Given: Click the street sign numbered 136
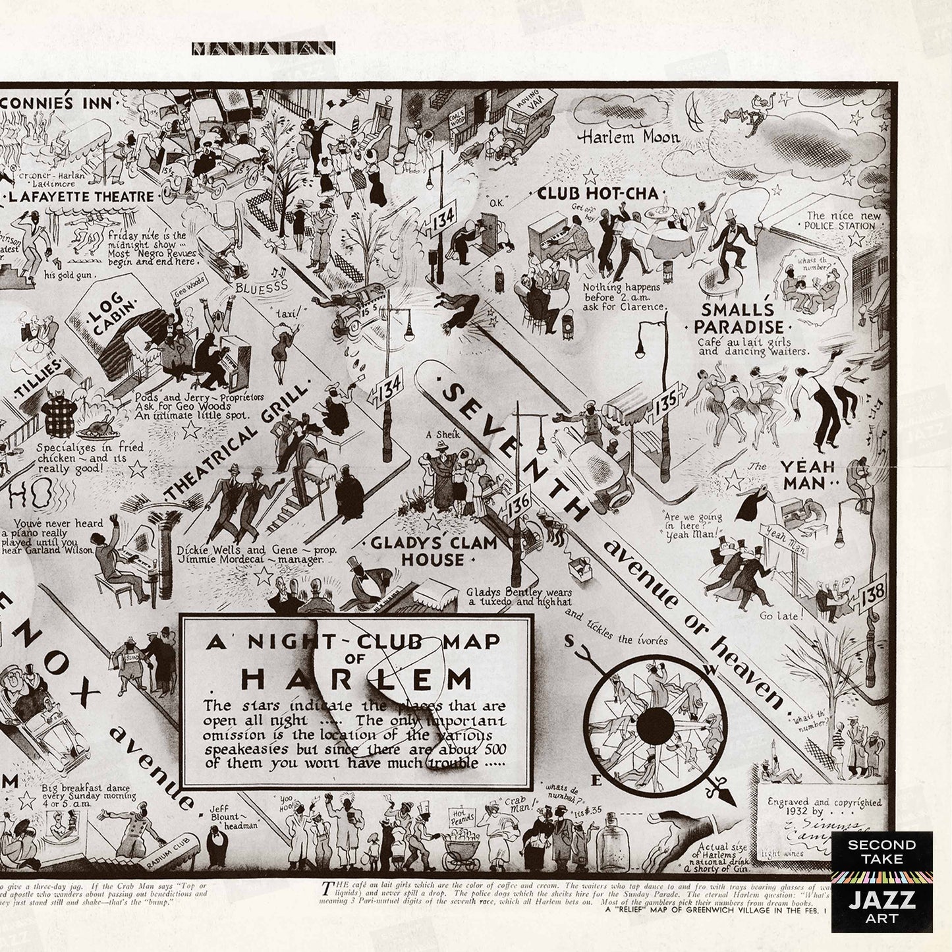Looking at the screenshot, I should coord(519,508).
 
